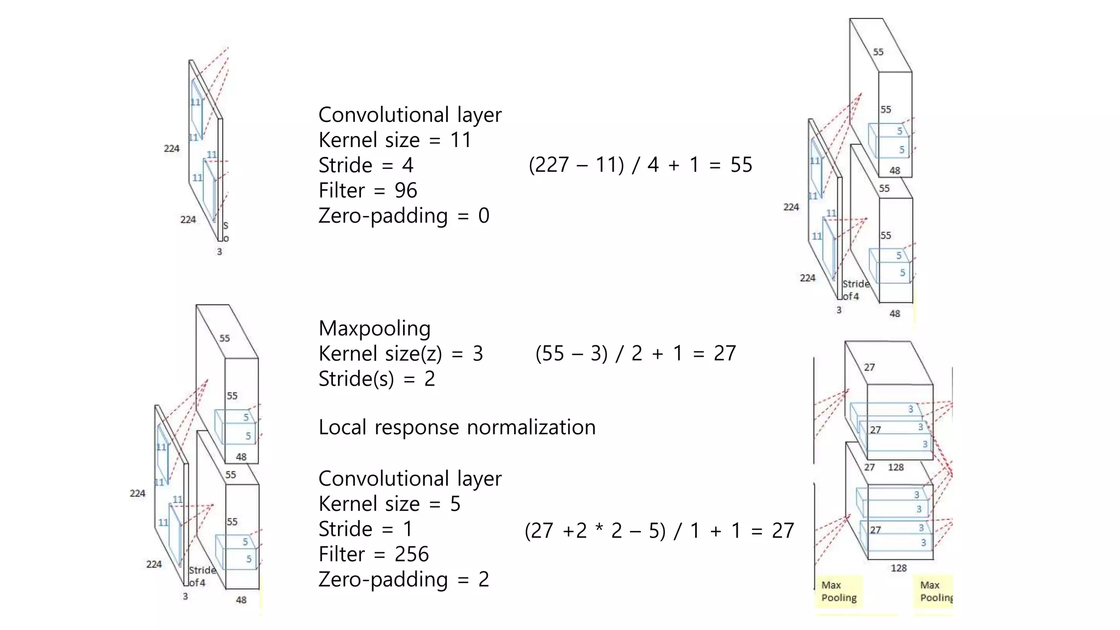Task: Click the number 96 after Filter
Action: (405, 190)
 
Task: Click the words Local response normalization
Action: (457, 427)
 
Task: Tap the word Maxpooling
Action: (375, 328)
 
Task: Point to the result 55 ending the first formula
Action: (741, 165)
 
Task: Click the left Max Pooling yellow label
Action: (838, 591)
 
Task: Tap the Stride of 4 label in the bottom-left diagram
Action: (201, 576)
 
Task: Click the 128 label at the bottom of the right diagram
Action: (899, 568)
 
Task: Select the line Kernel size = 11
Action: (394, 140)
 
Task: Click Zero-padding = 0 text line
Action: (404, 215)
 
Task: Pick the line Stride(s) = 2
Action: (376, 378)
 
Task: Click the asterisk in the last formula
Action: (599, 530)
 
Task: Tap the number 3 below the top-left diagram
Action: (219, 252)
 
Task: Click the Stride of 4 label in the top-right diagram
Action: (855, 290)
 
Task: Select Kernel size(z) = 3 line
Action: (400, 353)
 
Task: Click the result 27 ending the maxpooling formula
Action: (725, 353)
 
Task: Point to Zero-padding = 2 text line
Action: (404, 579)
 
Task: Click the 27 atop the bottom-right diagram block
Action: (869, 367)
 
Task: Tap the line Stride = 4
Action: (366, 165)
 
